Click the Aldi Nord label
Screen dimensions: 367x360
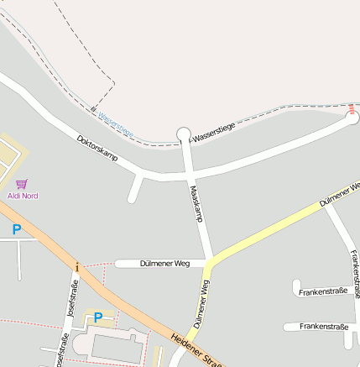[23, 196]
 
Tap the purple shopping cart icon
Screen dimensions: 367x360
[22, 184]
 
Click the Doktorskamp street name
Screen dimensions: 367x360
[97, 148]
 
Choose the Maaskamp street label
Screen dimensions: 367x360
[197, 203]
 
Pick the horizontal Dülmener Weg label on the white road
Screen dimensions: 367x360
[165, 264]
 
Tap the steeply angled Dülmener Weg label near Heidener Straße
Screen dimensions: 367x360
[201, 302]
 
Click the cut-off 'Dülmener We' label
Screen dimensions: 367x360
[339, 193]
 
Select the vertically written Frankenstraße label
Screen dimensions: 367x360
[355, 274]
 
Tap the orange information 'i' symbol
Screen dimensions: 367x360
[77, 267]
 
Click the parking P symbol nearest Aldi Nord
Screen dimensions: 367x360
[15, 229]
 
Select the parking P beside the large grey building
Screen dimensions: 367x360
[97, 317]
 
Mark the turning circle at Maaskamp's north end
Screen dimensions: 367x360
[185, 134]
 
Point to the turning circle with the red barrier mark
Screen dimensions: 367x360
[352, 118]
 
